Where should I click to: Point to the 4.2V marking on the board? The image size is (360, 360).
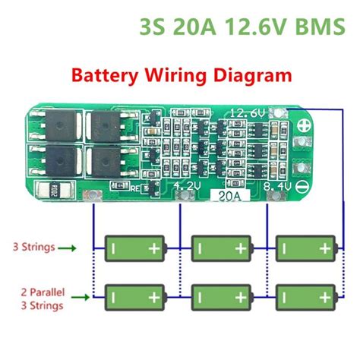tap(166, 185)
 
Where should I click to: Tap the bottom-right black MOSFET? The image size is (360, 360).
tap(103, 162)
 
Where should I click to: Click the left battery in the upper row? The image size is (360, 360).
tap(136, 247)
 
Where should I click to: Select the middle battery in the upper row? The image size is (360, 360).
tap(221, 247)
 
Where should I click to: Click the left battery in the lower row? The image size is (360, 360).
tap(136, 295)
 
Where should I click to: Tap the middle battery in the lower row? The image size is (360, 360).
tap(221, 295)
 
